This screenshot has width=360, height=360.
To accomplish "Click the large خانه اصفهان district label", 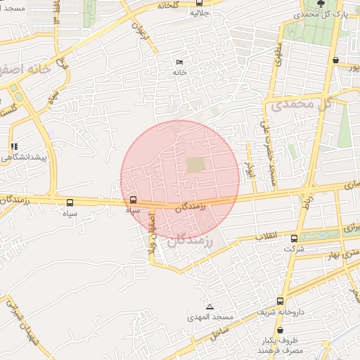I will pyautogui.click(x=27, y=70).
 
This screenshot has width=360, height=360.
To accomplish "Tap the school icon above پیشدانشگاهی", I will pyautogui.click(x=14, y=147).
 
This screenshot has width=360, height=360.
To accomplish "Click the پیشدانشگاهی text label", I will pyautogui.click(x=24, y=157).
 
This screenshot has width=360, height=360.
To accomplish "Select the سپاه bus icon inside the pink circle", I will pyautogui.click(x=134, y=199).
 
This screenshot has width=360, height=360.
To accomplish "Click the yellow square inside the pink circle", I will pyautogui.click(x=195, y=165).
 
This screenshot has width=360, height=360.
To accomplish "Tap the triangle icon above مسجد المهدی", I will pyautogui.click(x=209, y=307).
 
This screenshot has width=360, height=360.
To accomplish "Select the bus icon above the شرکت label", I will pyautogui.click(x=293, y=238).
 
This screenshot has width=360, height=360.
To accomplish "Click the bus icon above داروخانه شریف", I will pyautogui.click(x=281, y=301).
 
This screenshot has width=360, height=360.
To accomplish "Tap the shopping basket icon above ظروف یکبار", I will pyautogui.click(x=280, y=329).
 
